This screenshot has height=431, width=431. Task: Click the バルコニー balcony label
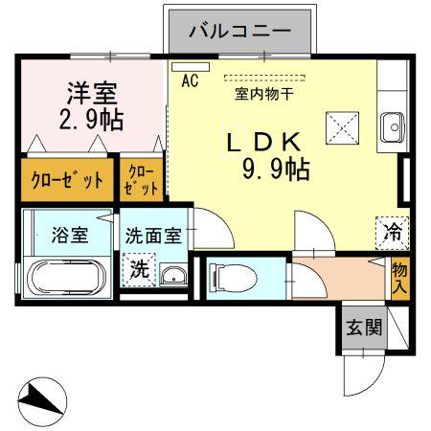point(239,31)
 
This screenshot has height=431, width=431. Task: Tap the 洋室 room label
point(91,95)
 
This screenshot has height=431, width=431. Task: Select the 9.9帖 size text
point(275,170)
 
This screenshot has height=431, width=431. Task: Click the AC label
point(189,81)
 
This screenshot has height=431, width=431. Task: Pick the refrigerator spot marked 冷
point(392,230)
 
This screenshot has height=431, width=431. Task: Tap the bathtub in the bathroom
point(66,279)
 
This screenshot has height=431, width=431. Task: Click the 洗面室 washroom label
point(153,236)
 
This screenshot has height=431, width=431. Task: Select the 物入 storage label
point(399,278)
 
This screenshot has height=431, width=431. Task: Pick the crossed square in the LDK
point(340,125)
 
